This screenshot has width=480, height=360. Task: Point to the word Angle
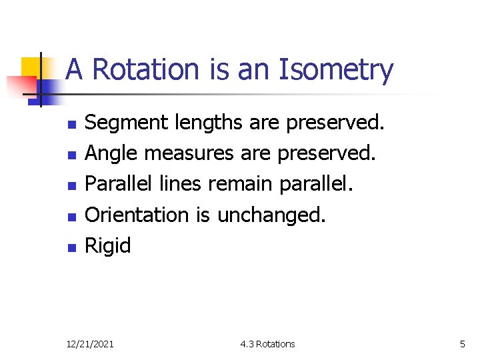[x=111, y=154]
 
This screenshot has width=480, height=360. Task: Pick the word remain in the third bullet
[x=241, y=185]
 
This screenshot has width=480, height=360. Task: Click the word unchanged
[x=271, y=215]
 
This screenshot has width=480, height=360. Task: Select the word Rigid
[x=108, y=247]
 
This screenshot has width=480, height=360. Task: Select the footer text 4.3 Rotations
[x=267, y=344]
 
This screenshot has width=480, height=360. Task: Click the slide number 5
[x=462, y=344]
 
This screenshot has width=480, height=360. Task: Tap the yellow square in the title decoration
[x=31, y=67]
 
